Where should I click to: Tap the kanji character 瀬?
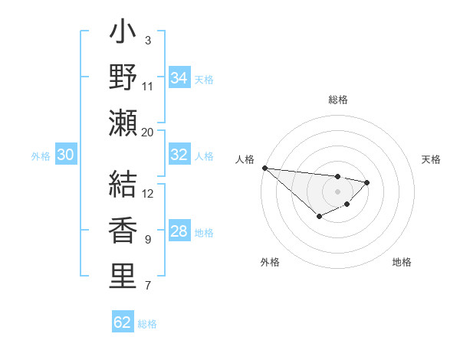[123, 123]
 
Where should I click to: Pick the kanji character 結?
[123, 185]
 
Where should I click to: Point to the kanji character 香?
[123, 231]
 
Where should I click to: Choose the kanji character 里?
[123, 277]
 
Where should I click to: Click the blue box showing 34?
[179, 78]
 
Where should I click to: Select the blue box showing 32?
[179, 155]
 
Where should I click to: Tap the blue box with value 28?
[179, 231]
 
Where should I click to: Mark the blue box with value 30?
[65, 155]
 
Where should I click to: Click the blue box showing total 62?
[123, 322]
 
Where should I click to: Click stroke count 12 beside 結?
[148, 193]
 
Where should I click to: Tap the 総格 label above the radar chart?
[337, 100]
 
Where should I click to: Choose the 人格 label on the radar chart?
[245, 159]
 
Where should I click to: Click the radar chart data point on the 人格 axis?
[264, 168]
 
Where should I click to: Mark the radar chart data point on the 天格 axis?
[367, 182]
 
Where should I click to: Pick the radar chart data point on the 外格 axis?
[319, 217]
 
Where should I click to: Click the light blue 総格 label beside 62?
[147, 324]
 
